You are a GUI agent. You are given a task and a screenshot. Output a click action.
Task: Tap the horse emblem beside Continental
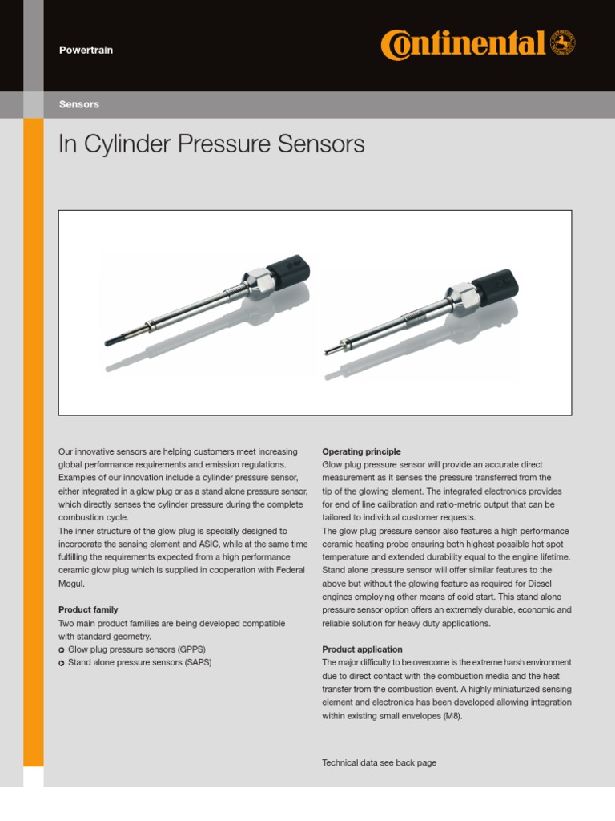click(x=563, y=43)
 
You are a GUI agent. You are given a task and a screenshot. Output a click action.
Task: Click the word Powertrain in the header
click(x=86, y=51)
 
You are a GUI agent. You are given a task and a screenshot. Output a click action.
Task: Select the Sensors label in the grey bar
click(x=79, y=105)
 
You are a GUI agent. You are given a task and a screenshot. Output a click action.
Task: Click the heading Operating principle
click(x=361, y=452)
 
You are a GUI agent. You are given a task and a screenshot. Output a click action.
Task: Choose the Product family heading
click(x=88, y=610)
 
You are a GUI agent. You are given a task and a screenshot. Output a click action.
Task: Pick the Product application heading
click(x=362, y=649)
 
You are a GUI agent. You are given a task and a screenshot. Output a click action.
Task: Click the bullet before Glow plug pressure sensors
click(x=62, y=649)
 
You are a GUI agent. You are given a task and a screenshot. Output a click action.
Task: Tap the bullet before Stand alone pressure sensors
click(x=62, y=663)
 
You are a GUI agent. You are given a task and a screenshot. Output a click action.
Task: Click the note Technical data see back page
click(x=379, y=763)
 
